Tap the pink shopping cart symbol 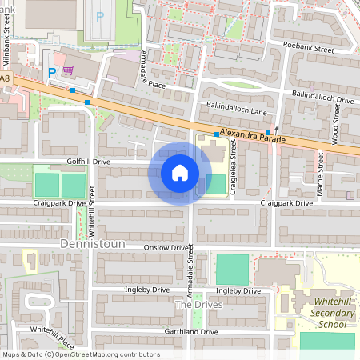68,70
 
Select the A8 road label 6,78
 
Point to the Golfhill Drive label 89,161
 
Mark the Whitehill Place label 53,337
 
